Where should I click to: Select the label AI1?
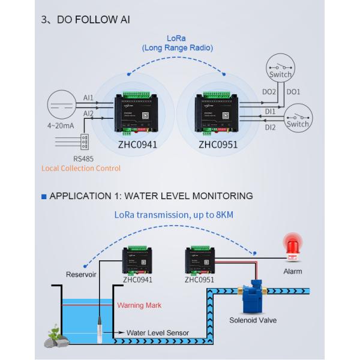pos(88,98)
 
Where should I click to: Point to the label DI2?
pos(270,127)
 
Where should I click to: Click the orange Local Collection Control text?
pos(81,169)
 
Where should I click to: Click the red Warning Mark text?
pos(139,305)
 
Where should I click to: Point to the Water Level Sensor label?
pos(157,332)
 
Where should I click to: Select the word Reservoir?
pos(81,275)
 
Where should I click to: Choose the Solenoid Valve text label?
pos(253,320)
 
